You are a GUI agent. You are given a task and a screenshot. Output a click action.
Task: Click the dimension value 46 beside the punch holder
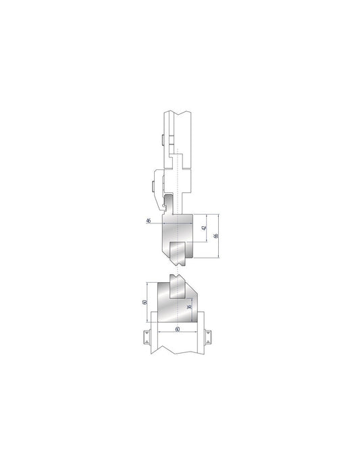click(148, 221)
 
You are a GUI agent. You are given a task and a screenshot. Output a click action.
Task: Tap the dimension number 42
click(203, 229)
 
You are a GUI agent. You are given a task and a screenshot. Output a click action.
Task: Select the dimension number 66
click(215, 236)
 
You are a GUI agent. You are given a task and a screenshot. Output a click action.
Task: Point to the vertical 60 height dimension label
click(146, 302)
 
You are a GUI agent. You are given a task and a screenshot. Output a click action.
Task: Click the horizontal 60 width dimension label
click(177, 329)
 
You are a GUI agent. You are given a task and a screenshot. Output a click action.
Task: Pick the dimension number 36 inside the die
click(190, 308)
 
